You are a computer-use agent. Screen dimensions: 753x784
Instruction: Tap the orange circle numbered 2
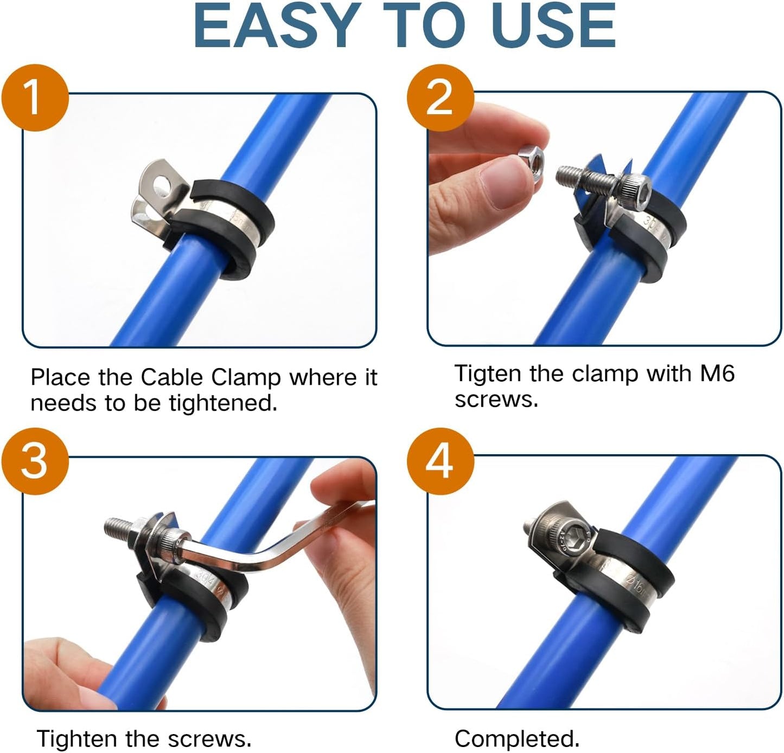[x=440, y=98]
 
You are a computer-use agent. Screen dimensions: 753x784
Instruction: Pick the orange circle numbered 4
[x=440, y=461]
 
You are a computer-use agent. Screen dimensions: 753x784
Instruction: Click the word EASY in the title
[x=277, y=26]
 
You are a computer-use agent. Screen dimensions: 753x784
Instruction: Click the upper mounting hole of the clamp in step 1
[x=162, y=187]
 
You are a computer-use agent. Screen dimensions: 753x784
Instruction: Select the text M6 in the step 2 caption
[x=717, y=374]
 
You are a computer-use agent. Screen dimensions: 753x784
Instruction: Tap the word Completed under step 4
[x=517, y=738]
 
